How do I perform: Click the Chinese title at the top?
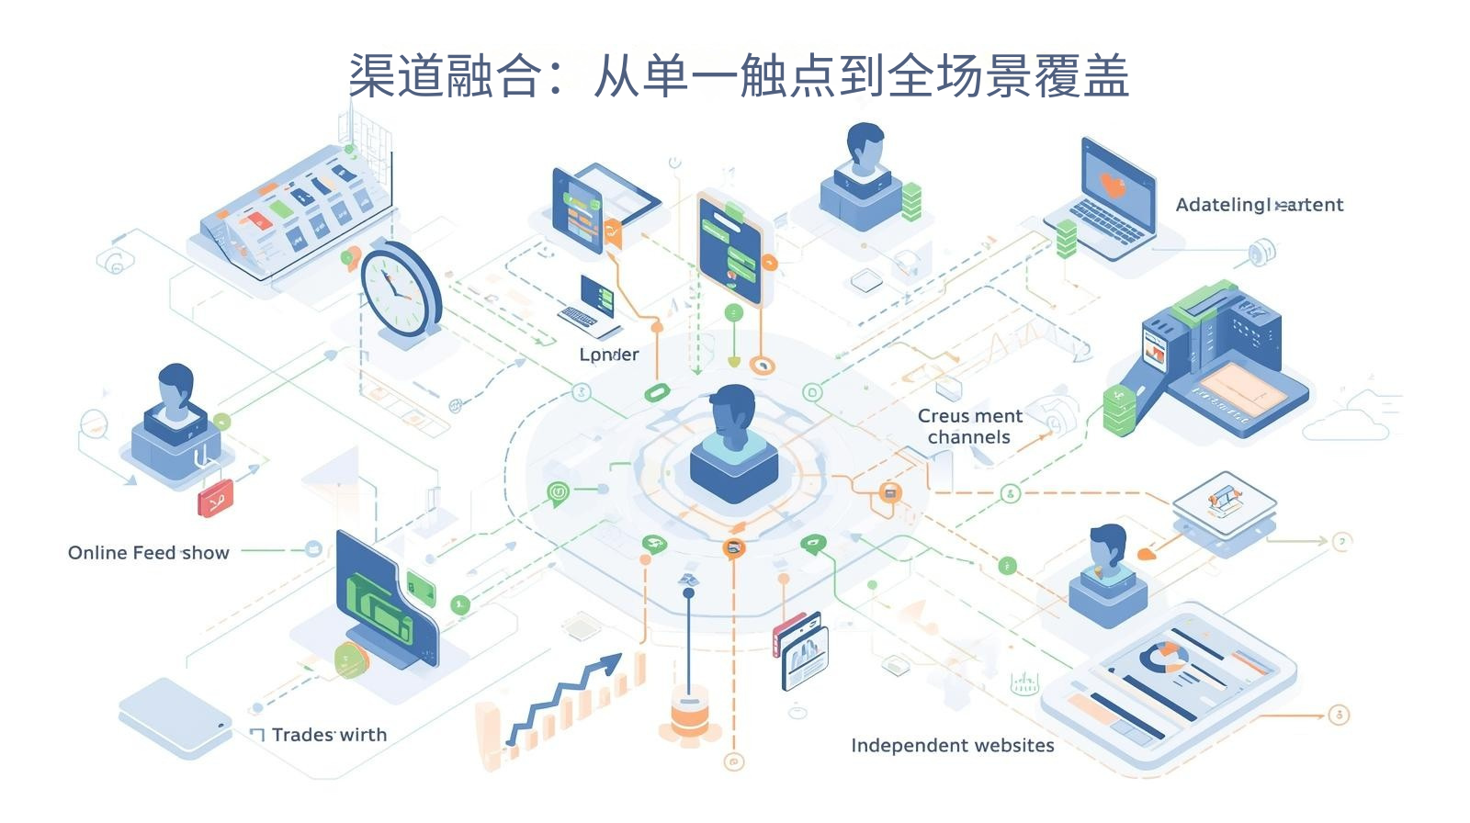point(738,75)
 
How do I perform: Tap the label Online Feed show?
point(148,553)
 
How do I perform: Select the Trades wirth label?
point(329,735)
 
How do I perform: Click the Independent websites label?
point(952,745)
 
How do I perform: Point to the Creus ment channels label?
point(969,426)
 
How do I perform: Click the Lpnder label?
point(608,355)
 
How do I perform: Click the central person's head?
point(732,411)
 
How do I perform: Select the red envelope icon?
point(216,498)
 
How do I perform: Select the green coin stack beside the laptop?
point(1066,238)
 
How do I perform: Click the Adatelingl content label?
point(1259,205)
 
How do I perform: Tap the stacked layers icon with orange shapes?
point(1224,501)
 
